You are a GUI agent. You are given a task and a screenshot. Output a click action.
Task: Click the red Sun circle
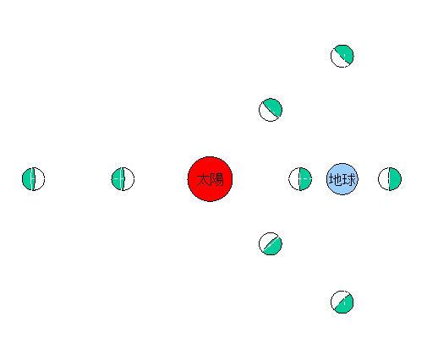tap(210, 179)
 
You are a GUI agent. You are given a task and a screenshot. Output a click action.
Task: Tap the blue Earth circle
tap(342, 179)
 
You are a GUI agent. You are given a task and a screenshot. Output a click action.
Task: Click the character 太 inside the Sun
tap(203, 180)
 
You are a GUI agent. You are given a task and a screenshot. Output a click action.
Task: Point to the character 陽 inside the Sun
tap(217, 180)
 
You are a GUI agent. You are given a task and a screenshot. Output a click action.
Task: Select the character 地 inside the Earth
tap(336, 179)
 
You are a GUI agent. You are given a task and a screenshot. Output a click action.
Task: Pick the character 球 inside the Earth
tap(349, 179)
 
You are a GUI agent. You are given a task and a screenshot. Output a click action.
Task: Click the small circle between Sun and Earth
tap(300, 179)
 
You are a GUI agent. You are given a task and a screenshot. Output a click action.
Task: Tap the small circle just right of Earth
tap(390, 179)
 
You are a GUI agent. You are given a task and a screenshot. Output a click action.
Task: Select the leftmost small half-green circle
tap(33, 179)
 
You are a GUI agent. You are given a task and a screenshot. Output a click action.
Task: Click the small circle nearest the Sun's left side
tap(123, 179)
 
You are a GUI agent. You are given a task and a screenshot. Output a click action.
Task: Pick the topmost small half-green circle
tap(342, 56)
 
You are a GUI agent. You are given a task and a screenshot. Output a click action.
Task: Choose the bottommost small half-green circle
tap(342, 302)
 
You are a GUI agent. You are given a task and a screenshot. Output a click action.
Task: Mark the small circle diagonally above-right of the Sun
tap(271, 110)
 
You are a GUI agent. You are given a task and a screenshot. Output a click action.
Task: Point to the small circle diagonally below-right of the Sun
tap(271, 243)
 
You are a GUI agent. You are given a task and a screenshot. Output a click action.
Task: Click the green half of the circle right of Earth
tap(396, 179)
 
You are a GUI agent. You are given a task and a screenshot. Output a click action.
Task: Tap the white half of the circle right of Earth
tap(384, 179)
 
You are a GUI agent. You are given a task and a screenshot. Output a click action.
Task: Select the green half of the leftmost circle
tap(28, 179)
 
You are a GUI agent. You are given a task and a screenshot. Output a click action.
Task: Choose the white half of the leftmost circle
tap(39, 179)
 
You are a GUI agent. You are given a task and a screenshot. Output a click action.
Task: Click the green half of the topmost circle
tap(346, 52)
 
